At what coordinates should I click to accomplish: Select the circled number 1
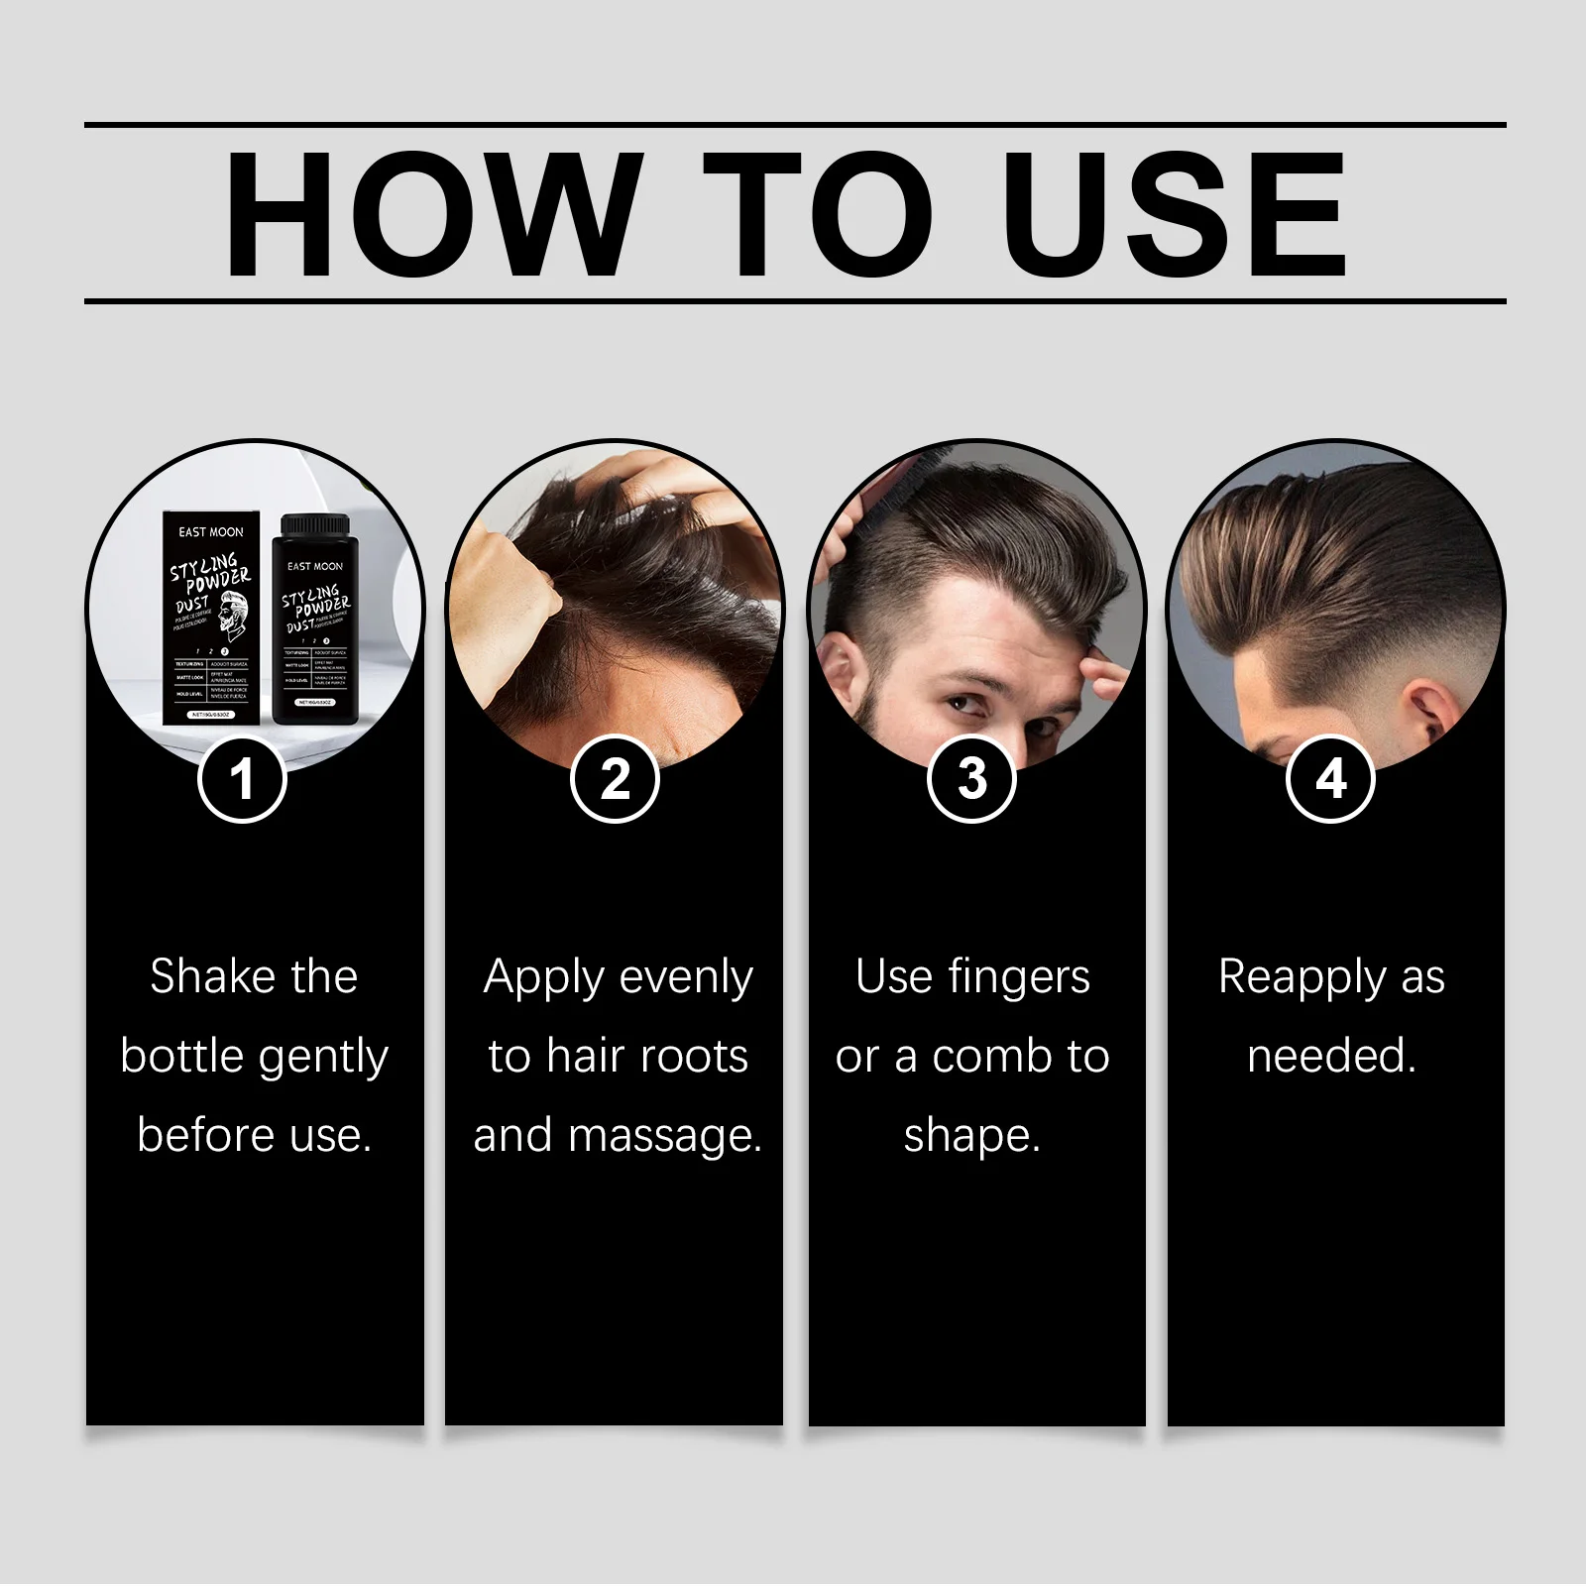tap(242, 779)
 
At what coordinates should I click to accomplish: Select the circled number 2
tap(615, 779)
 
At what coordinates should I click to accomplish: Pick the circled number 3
tap(971, 779)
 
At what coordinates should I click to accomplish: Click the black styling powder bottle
tap(315, 620)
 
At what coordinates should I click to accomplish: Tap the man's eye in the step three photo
tap(960, 706)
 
